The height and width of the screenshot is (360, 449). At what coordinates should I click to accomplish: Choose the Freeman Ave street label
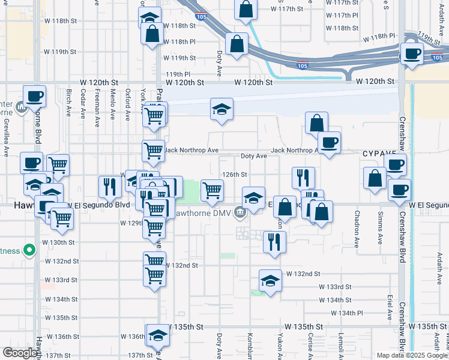[98, 108]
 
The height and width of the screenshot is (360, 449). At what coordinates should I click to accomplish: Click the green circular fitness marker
[28, 250]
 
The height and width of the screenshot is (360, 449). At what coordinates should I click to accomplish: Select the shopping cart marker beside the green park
[212, 190]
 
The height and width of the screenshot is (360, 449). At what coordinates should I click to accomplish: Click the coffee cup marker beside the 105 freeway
[412, 54]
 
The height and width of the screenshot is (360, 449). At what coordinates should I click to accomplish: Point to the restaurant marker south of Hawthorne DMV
[274, 242]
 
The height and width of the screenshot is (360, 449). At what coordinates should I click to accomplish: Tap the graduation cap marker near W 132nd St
[270, 280]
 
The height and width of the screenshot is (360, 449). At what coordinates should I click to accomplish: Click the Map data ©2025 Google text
[411, 355]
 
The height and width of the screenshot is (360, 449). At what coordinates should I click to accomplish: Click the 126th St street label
[235, 175]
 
